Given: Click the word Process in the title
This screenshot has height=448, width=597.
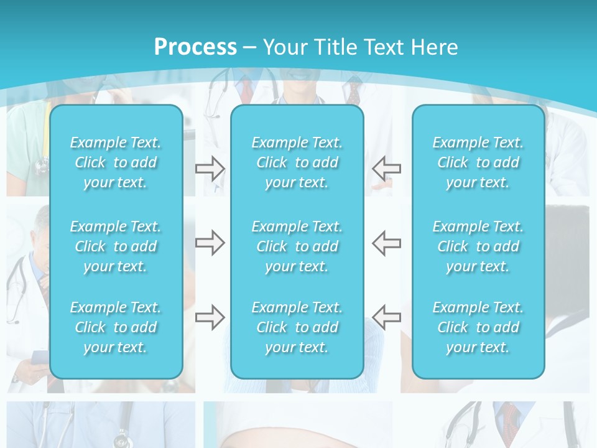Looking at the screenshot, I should click(x=195, y=47).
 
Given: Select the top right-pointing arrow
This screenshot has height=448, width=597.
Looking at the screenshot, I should click(x=210, y=168).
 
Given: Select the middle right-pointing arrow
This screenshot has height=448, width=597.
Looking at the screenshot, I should click(x=210, y=243).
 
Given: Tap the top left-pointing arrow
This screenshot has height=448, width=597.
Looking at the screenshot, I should click(x=387, y=168).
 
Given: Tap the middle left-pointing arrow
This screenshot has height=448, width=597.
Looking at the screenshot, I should click(x=387, y=243).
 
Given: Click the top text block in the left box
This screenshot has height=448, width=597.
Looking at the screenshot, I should click(x=116, y=162).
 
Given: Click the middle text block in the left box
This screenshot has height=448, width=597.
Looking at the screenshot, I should click(x=116, y=246).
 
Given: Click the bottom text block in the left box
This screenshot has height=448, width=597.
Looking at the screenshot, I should click(x=116, y=327).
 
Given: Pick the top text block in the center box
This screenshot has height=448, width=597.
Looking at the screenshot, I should click(x=297, y=162).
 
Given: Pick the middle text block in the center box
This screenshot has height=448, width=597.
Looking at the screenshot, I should click(x=297, y=246).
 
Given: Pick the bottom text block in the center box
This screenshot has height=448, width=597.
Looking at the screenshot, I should click(x=297, y=327).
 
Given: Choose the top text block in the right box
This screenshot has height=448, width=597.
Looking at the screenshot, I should click(x=478, y=162).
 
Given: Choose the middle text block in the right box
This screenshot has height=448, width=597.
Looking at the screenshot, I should click(x=478, y=246).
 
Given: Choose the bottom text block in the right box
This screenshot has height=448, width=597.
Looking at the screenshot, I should click(x=478, y=327).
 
